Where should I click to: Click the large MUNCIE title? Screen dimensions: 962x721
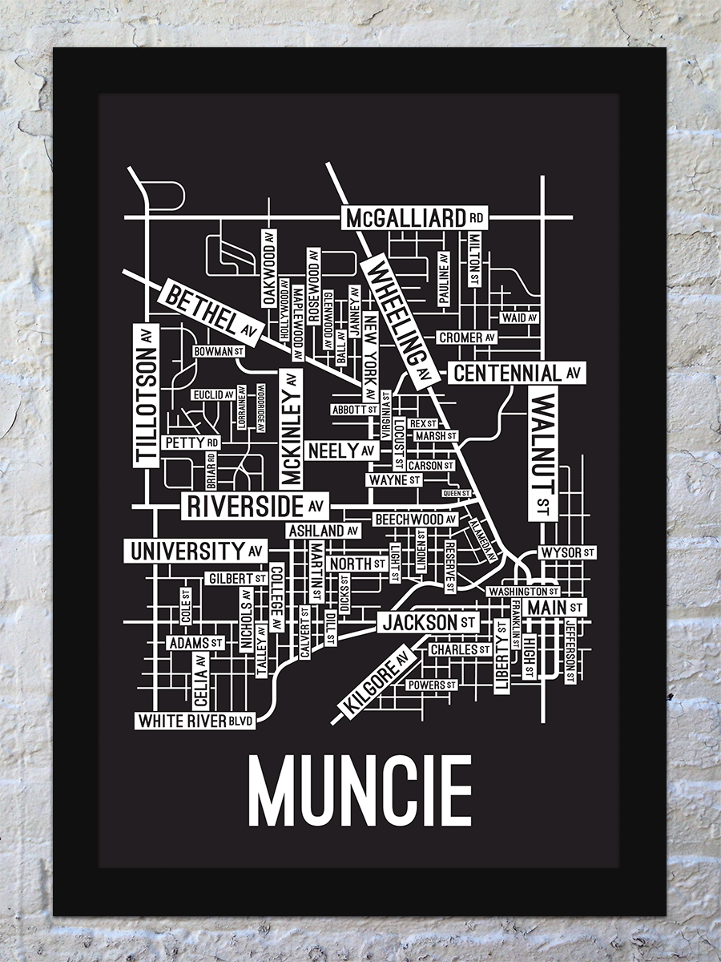click(x=360, y=790)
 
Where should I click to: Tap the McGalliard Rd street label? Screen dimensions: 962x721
click(x=415, y=217)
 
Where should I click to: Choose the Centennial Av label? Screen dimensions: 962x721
click(x=517, y=373)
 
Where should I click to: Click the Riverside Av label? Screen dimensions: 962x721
click(x=255, y=507)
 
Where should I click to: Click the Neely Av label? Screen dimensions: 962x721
click(x=340, y=451)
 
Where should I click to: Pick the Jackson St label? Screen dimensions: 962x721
click(x=429, y=622)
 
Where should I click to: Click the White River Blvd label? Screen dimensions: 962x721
click(x=195, y=721)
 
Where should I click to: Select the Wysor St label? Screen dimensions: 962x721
click(x=567, y=552)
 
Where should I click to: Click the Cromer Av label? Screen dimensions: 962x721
click(x=467, y=338)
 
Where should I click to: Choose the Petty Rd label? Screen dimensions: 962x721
click(x=191, y=443)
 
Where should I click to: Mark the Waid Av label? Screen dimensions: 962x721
click(x=519, y=317)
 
